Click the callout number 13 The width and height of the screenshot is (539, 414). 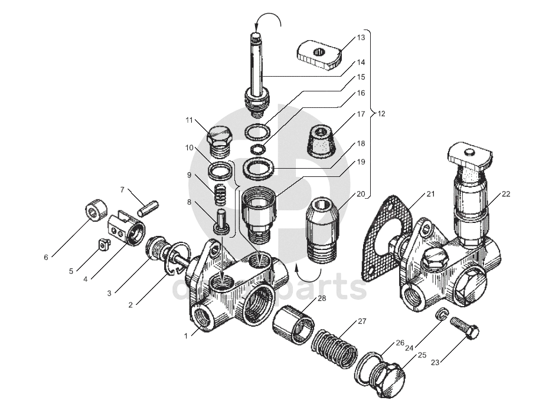(361, 37)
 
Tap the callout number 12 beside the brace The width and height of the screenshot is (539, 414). (381, 113)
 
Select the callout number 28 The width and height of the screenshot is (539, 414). (321, 298)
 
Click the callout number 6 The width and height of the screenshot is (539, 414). (45, 257)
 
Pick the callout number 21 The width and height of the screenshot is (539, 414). (430, 194)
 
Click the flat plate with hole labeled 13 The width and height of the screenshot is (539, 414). (319, 52)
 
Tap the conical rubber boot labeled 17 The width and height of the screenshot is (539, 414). (321, 140)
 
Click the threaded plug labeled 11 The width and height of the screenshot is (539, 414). (220, 142)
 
